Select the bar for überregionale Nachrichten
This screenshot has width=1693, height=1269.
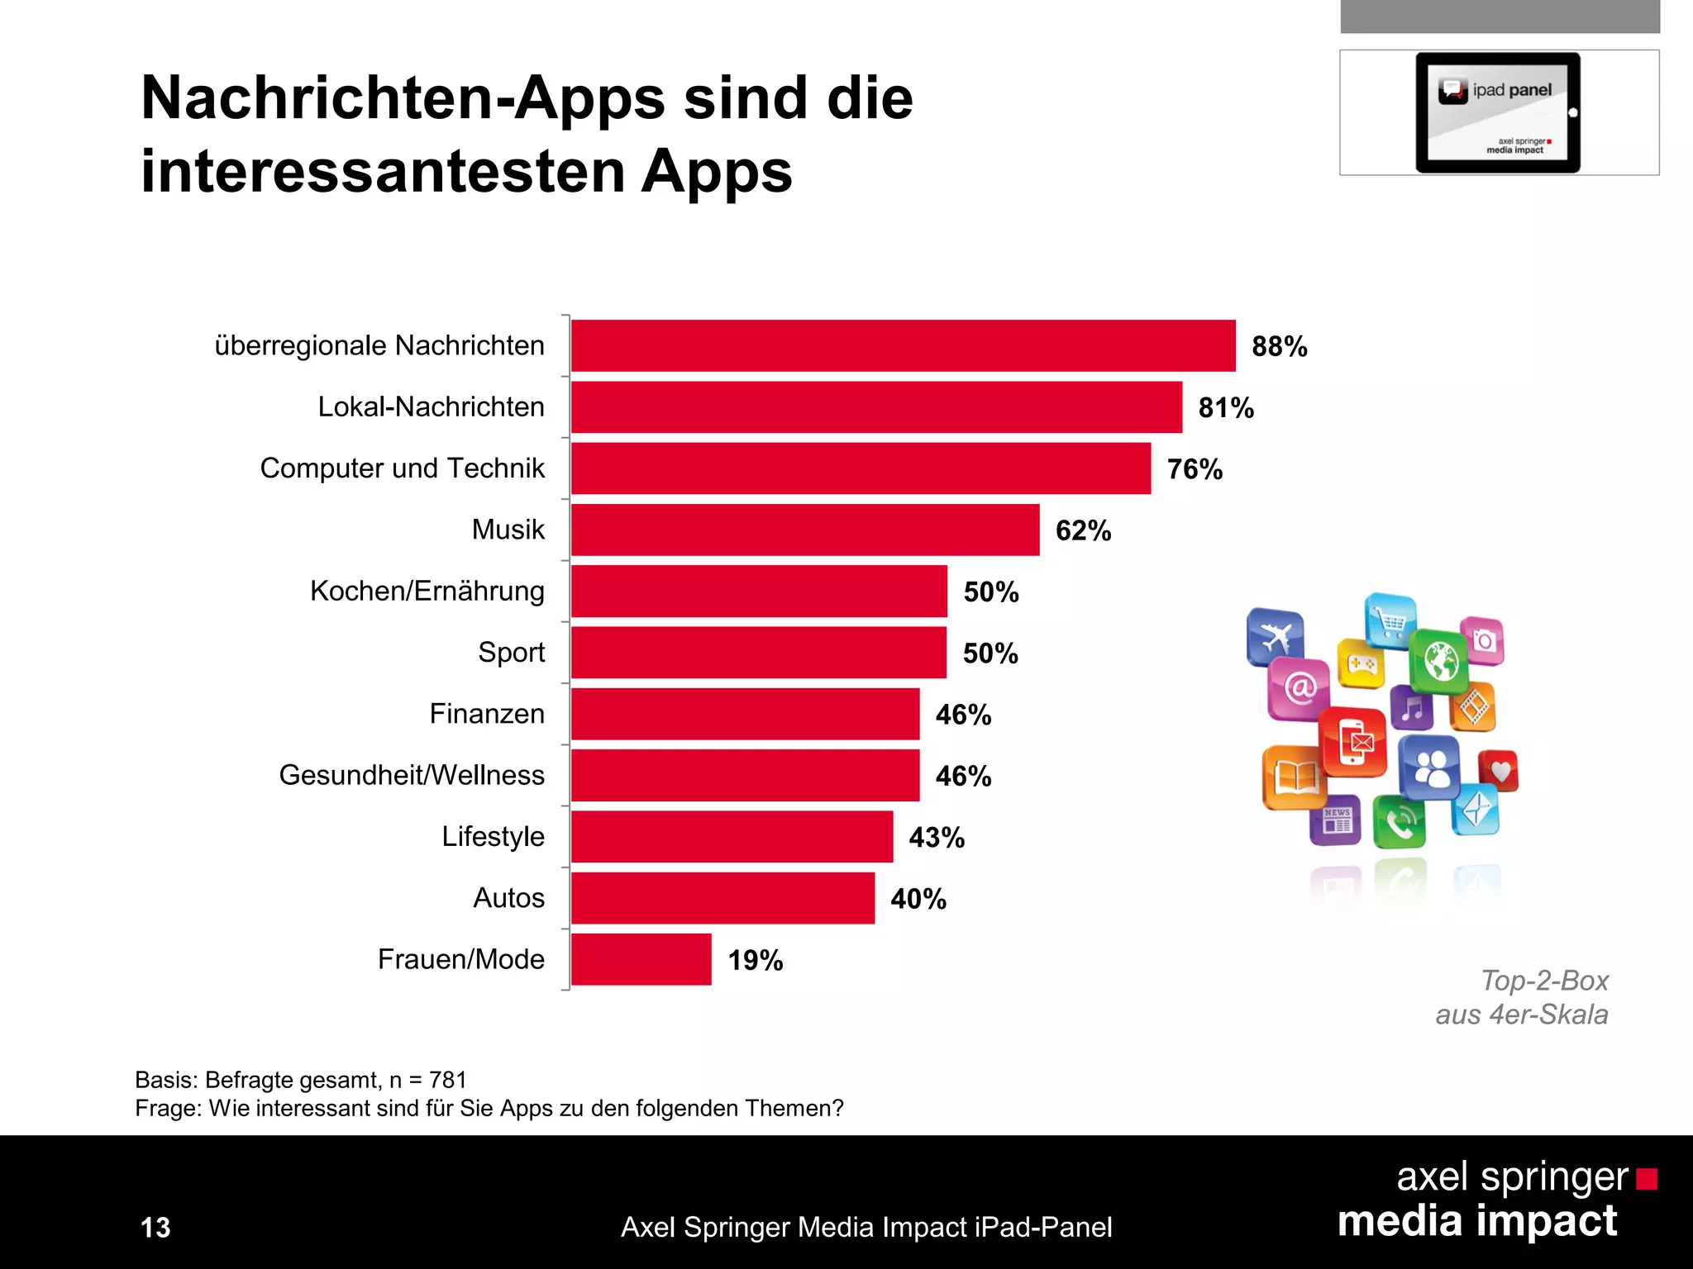point(903,345)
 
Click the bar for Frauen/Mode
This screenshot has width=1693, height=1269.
point(641,959)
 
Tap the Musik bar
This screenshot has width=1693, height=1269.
point(804,530)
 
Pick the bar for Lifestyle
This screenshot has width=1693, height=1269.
point(732,836)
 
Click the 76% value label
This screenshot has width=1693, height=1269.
point(1195,469)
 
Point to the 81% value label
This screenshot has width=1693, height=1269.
point(1226,408)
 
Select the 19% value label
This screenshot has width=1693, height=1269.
point(755,960)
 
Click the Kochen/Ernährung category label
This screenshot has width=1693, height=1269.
point(427,591)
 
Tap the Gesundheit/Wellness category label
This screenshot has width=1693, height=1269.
point(412,775)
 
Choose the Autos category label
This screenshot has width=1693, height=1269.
point(508,897)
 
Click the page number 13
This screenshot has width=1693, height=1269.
point(155,1227)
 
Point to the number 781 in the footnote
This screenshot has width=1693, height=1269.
point(448,1080)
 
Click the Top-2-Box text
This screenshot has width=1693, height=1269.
point(1543,981)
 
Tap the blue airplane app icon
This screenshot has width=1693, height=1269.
point(1275,636)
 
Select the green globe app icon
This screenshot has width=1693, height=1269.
point(1438,661)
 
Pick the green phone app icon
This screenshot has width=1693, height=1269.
point(1399,822)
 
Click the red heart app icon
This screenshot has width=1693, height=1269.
point(1498,771)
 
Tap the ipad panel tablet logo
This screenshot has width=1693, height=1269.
point(1498,112)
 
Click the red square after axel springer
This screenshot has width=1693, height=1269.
point(1647,1178)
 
